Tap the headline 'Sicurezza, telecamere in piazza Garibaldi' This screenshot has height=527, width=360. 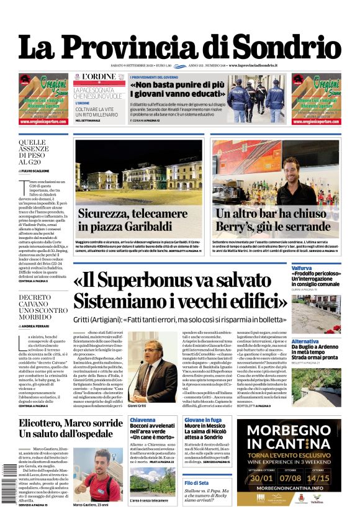(132, 219)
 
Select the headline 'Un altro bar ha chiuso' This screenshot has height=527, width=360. (270, 213)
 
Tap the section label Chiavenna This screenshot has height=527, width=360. (142, 421)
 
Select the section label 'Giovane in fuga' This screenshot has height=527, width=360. (203, 421)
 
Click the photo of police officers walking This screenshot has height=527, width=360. (256, 95)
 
